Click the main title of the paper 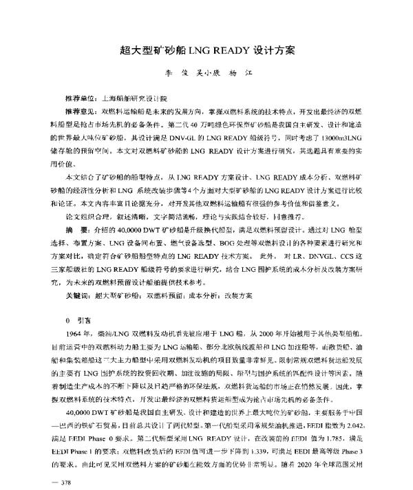(207, 51)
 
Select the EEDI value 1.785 (339, 418)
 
